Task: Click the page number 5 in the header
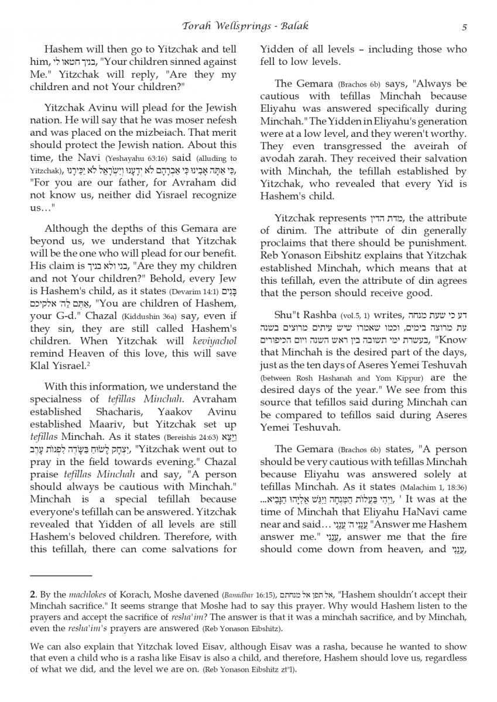[464, 26]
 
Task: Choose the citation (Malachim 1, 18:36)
[434, 487]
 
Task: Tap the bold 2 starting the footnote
[33, 594]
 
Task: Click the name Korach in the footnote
[125, 594]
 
